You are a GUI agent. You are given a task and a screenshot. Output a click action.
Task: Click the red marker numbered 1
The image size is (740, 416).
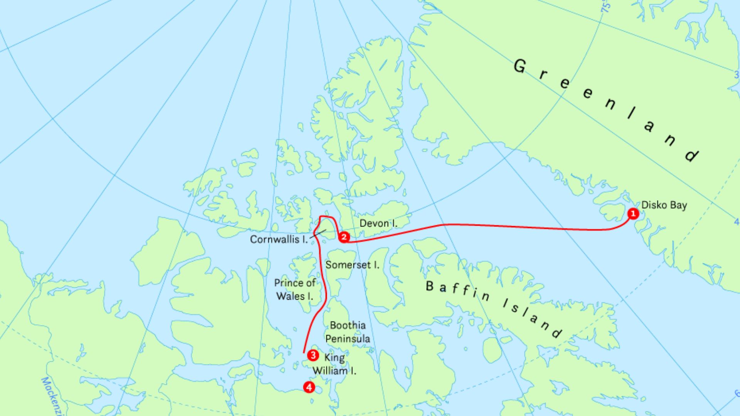633,213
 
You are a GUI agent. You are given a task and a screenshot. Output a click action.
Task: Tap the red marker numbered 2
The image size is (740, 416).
344,237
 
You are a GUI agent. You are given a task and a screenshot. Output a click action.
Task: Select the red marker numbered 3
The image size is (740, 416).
313,355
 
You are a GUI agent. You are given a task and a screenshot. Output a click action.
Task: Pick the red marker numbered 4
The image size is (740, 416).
309,387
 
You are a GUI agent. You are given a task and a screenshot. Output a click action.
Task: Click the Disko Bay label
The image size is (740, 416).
664,205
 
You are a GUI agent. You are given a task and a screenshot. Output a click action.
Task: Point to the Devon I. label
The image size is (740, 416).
378,223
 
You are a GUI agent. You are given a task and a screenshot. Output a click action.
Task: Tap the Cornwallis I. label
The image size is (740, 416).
279,240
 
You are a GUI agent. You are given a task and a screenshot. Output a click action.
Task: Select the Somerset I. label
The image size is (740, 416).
352,265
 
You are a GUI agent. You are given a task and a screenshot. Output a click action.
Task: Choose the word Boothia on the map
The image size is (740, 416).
348,325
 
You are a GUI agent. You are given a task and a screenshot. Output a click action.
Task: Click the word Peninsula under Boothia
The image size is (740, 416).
348,339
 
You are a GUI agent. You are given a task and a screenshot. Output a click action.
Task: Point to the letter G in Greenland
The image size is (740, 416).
520,66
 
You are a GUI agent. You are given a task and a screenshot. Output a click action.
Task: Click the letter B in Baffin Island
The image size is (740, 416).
430,286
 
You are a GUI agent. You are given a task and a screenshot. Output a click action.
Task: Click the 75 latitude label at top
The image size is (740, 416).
606,7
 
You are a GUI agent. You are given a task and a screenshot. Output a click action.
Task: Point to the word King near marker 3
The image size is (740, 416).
334,358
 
